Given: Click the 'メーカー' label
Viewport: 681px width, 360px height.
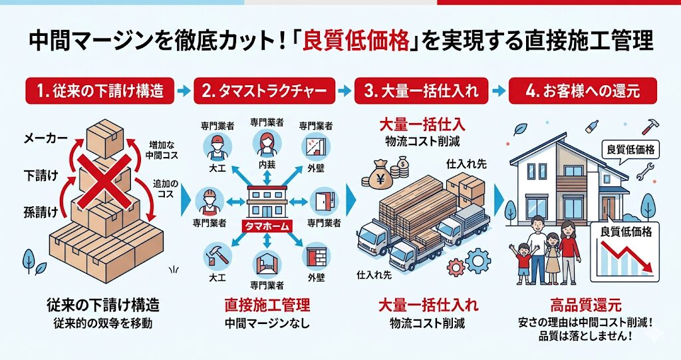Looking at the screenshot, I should (x=45, y=138).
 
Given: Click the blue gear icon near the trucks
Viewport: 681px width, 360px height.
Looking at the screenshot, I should (x=477, y=260).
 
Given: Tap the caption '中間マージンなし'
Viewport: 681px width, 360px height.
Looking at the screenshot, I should (x=267, y=324).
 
